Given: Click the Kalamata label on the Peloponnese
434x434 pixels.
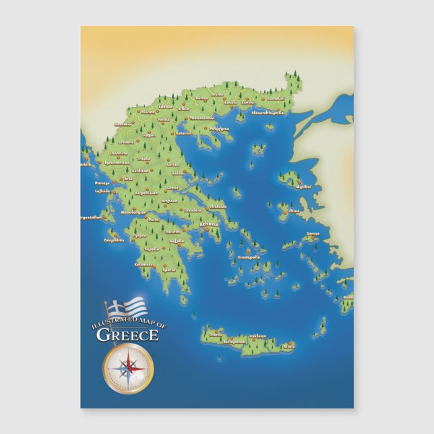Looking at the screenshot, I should point(144,264).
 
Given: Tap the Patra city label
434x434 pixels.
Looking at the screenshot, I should point(154,218).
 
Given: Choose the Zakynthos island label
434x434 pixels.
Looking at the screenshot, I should point(114,239).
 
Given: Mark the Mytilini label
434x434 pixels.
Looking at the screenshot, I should point(305,187).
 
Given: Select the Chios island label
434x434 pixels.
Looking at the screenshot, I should point(294,211).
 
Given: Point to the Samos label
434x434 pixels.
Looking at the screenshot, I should point(313,234).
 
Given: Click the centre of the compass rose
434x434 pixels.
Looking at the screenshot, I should point(128,368).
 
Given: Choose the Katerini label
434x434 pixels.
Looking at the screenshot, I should point(184,133).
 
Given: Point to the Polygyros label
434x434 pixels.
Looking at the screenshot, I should point(220,127).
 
